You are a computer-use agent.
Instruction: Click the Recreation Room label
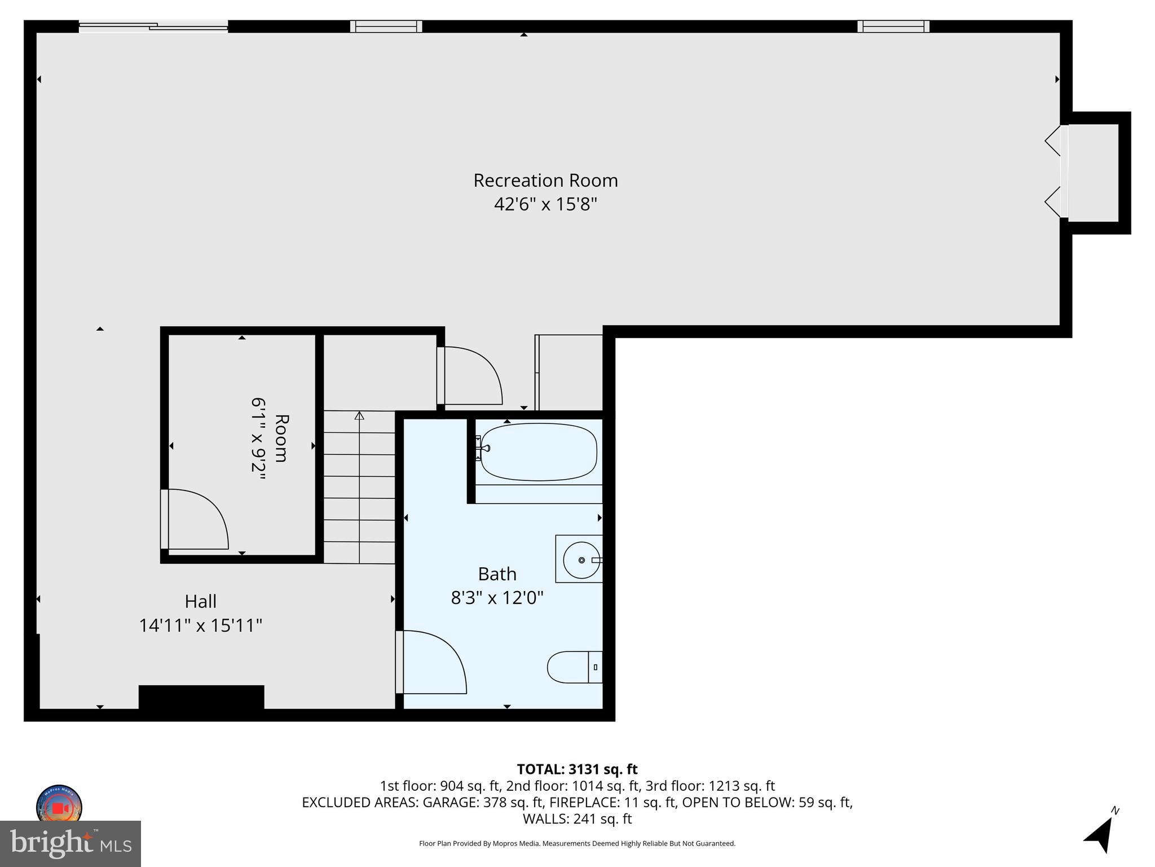(545, 181)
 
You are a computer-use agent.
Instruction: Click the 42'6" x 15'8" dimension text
(545, 204)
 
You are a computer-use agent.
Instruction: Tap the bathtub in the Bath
(539, 452)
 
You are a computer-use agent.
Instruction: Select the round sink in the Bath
(581, 559)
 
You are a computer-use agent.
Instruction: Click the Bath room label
(497, 574)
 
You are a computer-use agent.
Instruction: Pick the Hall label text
(201, 601)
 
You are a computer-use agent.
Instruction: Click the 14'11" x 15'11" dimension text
(201, 625)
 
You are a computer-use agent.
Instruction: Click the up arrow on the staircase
(359, 417)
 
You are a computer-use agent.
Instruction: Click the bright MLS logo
(70, 843)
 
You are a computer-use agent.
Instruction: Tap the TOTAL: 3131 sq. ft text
(577, 769)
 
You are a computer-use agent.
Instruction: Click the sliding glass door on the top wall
(153, 26)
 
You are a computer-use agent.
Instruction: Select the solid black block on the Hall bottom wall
(201, 698)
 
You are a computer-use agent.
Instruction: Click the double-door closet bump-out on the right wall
(1093, 173)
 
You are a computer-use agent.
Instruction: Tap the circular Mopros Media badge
(59, 806)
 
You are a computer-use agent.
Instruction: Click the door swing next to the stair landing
(471, 376)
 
